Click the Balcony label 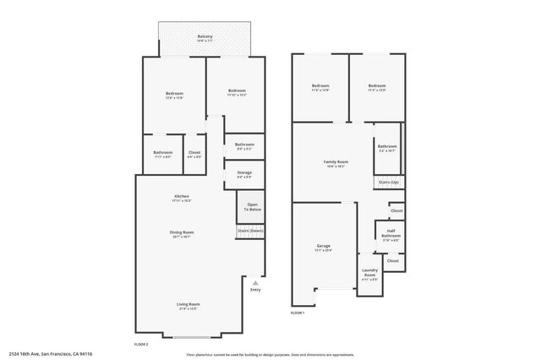[x=205, y=36]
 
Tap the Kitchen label [x=181, y=196]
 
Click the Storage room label [x=244, y=172]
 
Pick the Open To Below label [x=252, y=206]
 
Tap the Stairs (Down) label [x=250, y=231]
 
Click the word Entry [x=255, y=290]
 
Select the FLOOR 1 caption [x=298, y=313]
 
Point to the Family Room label [x=336, y=161]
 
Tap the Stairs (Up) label [x=388, y=182]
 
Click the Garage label [x=324, y=246]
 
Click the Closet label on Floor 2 [x=194, y=152]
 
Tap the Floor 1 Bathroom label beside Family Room [x=387, y=146]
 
